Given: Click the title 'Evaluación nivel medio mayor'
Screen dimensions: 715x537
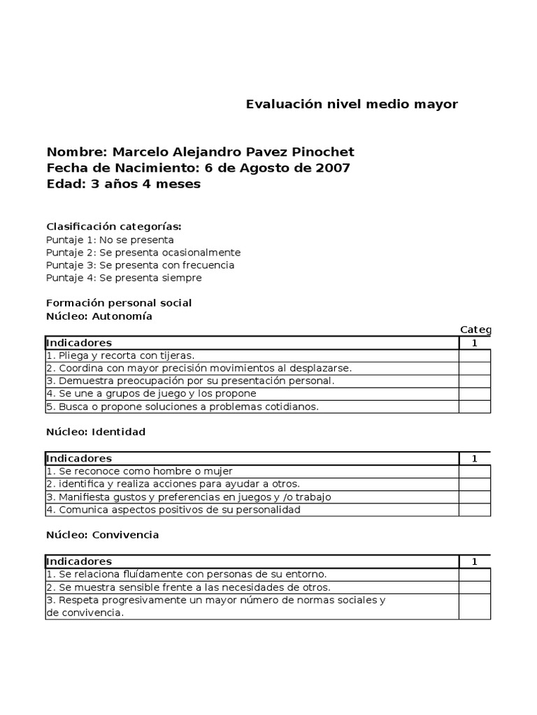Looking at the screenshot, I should click(352, 105).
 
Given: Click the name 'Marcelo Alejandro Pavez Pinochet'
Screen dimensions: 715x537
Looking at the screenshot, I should click(234, 152).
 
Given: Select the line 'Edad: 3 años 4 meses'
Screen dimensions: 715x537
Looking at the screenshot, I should click(124, 184).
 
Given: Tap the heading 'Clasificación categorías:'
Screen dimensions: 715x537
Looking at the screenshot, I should click(114, 226).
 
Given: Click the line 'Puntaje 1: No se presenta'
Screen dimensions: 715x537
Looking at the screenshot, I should click(110, 239).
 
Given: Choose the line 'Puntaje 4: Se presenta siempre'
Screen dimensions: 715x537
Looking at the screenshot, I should click(124, 278).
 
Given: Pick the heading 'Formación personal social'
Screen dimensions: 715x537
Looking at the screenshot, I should click(119, 303).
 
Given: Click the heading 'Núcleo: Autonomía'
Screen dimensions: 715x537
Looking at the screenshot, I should click(99, 316).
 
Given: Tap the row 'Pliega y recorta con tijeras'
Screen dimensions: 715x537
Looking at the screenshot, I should click(120, 355).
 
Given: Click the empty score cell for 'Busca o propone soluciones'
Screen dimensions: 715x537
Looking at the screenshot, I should click(475, 406).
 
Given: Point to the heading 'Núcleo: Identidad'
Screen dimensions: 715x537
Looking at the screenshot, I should click(96, 432).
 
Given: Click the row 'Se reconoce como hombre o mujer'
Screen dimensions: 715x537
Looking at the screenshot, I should click(139, 471).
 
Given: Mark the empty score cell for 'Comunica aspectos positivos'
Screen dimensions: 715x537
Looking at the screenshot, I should click(475, 510).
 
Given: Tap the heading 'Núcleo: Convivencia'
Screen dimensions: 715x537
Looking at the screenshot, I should click(103, 535).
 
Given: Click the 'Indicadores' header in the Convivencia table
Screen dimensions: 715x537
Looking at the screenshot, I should click(78, 561).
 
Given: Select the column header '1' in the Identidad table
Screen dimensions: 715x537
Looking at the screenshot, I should click(475, 459).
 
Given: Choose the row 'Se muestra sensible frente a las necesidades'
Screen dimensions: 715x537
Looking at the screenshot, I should click(188, 587).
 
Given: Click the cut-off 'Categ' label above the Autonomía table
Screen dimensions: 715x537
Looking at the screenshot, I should click(475, 330).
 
